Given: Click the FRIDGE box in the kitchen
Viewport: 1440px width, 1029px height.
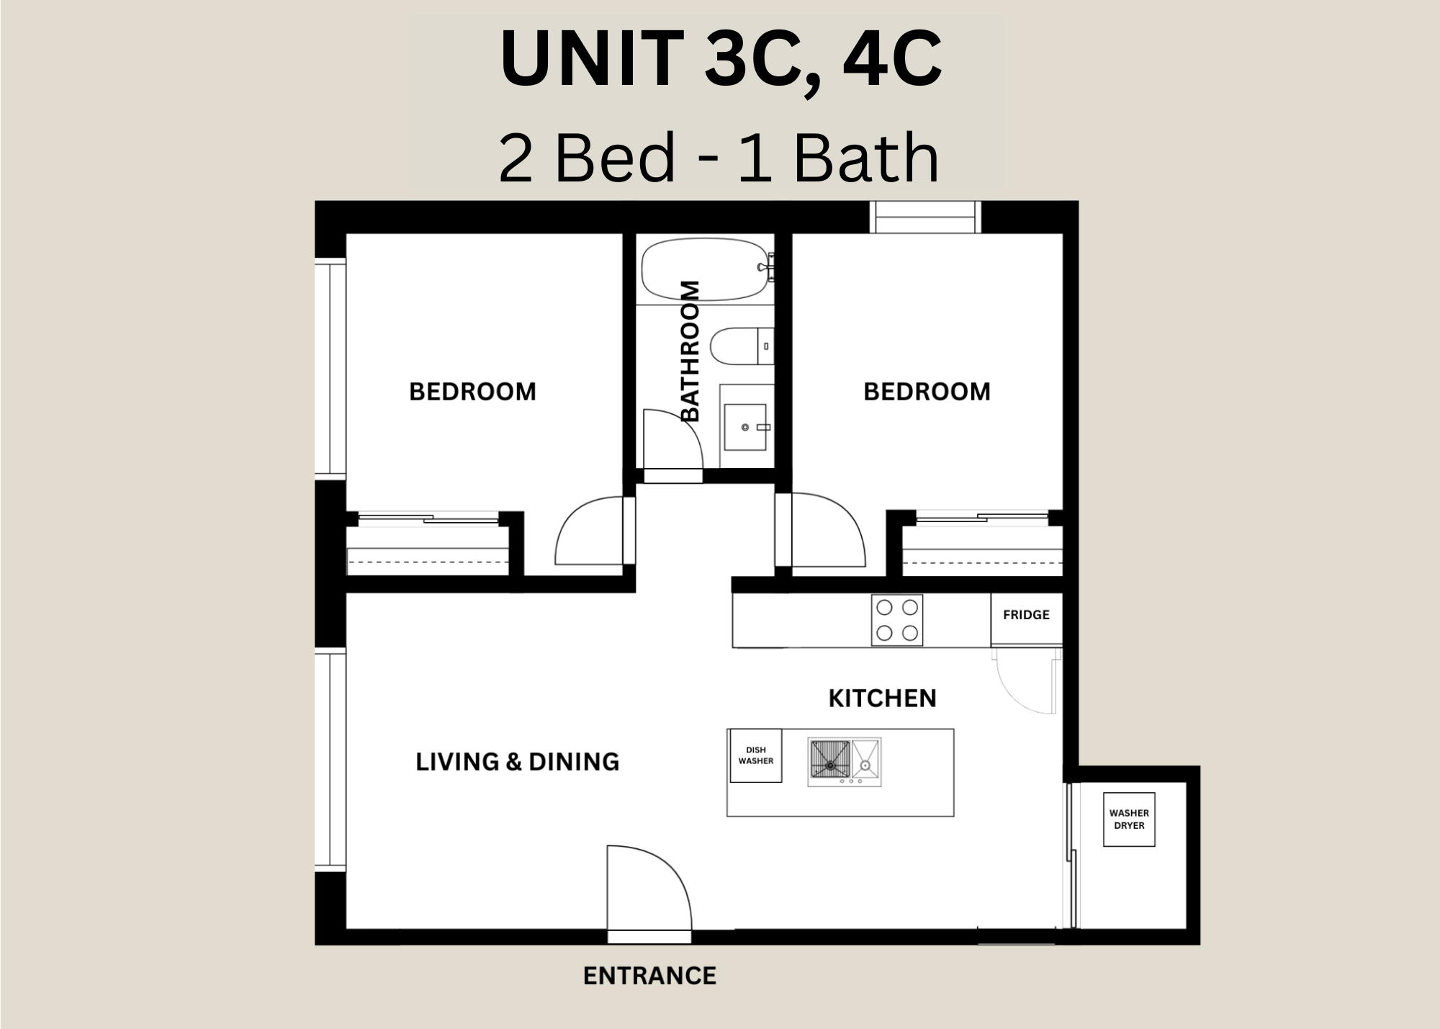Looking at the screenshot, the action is coord(1026,619).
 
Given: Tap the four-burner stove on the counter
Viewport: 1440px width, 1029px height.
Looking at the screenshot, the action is coord(897,619).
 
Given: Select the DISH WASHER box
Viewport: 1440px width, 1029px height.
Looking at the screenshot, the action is coord(755,755).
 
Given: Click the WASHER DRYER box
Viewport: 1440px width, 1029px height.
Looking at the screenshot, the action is coord(1129,819).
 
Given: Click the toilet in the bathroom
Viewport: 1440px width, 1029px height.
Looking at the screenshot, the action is coord(742,346).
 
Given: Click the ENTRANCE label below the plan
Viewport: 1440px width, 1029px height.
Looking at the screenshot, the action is coord(649,976).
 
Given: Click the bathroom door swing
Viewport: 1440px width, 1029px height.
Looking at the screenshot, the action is coord(672,439).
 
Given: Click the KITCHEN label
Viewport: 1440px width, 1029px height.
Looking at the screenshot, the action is coord(882,698).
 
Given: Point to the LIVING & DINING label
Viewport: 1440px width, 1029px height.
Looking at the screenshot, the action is coord(517,762).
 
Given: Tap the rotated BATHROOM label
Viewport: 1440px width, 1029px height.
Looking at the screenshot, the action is coord(690,351).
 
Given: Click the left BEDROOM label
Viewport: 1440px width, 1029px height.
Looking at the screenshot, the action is coord(472,392).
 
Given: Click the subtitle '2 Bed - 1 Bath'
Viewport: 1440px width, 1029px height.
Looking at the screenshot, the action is coord(719,158).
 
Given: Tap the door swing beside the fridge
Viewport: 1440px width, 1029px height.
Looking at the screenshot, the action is coord(1026,680).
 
